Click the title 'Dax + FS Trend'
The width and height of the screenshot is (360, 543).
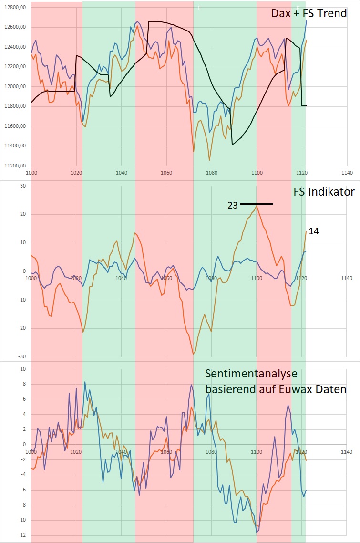coord(309,13)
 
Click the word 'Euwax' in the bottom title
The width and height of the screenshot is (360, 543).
coord(298,389)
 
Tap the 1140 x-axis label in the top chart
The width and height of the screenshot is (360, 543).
coord(347,173)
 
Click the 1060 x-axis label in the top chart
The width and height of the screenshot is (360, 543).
coord(166,173)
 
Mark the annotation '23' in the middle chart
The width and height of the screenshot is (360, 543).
coord(233,205)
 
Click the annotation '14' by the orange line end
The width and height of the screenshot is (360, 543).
coord(314,231)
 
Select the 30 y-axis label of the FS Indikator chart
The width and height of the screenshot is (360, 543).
coord(21,186)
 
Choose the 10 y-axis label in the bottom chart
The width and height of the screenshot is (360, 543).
coord(21,369)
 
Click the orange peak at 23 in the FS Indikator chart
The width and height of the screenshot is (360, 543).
coord(257,206)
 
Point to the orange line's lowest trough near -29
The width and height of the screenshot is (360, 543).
coord(193,354)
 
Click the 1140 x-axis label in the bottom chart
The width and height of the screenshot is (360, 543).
coord(347,452)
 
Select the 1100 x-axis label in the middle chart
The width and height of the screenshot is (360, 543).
coord(257,278)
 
